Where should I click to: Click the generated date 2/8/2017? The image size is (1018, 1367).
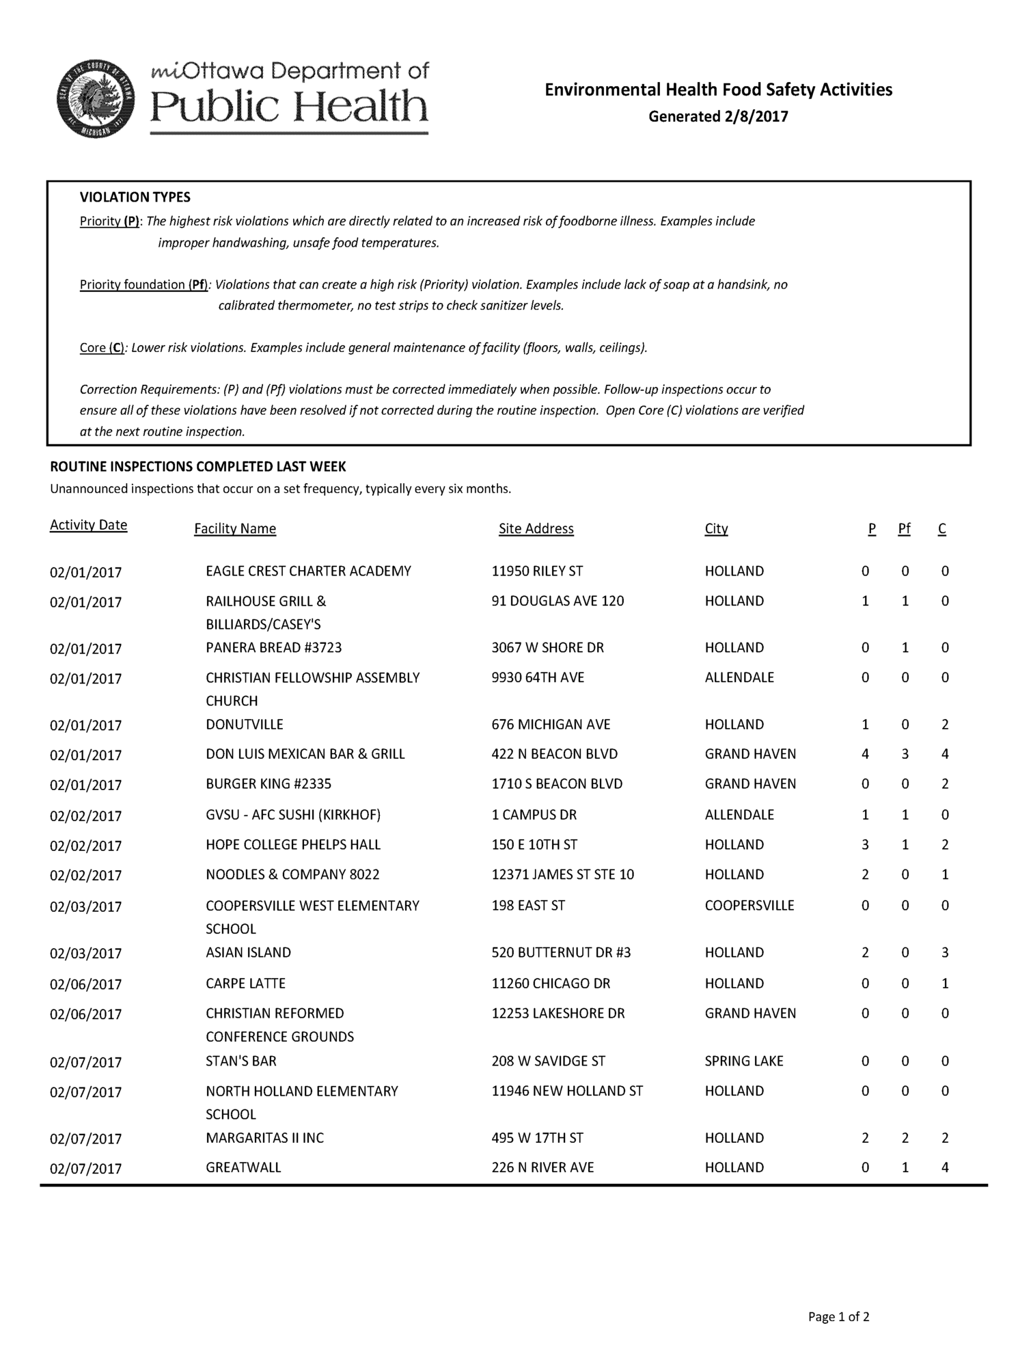click(x=718, y=116)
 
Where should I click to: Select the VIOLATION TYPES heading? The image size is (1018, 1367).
click(x=135, y=198)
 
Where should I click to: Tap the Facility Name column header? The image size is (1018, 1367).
click(x=235, y=528)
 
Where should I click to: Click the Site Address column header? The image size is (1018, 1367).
click(x=536, y=528)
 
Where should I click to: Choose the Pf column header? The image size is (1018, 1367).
click(x=904, y=528)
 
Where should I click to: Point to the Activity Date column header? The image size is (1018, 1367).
click(x=89, y=525)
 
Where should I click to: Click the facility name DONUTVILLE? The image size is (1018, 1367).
click(x=245, y=725)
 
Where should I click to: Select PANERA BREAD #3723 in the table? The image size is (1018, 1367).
click(x=273, y=647)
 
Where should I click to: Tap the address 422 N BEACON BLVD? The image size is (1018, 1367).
click(x=554, y=754)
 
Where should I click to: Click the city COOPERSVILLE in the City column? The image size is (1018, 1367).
click(x=749, y=906)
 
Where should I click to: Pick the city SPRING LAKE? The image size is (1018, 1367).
click(x=744, y=1061)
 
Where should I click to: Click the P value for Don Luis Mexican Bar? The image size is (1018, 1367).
click(x=865, y=754)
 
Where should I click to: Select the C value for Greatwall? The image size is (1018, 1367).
click(x=945, y=1167)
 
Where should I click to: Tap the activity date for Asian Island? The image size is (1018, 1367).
click(x=85, y=953)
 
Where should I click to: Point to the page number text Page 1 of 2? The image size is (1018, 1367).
click(x=838, y=1316)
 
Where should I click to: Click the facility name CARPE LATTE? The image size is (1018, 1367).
click(x=245, y=984)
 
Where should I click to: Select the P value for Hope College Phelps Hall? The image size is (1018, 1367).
click(x=865, y=845)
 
